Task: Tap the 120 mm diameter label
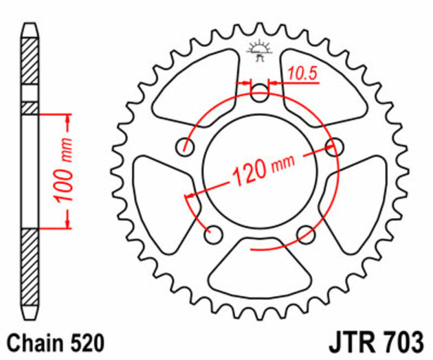(263, 167)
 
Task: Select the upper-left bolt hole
(184, 146)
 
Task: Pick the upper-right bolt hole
(335, 145)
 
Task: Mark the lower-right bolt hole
(306, 234)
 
